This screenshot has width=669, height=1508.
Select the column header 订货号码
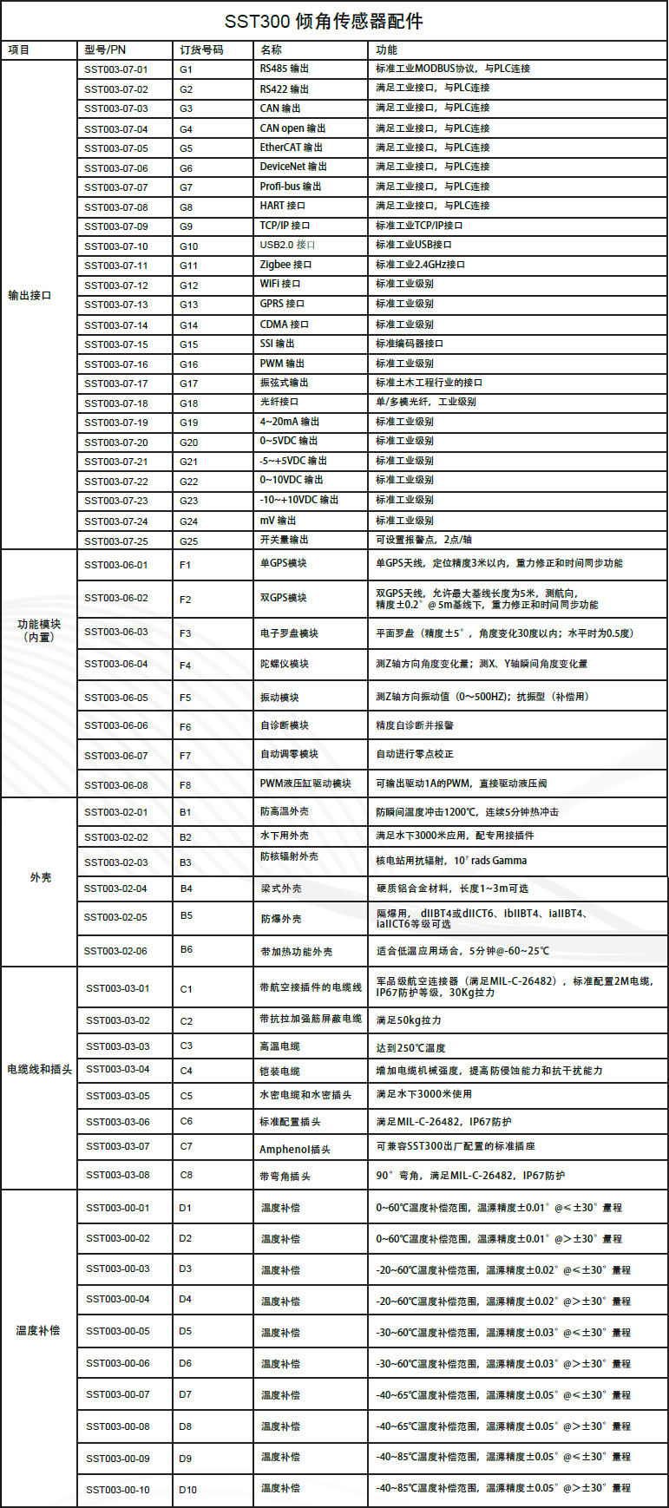click(201, 50)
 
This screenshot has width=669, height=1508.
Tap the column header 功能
click(386, 50)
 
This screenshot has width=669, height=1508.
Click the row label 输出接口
click(30, 296)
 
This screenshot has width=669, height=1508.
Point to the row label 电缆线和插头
click(39, 1070)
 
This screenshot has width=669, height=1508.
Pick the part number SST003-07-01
click(116, 69)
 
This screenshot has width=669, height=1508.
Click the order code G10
click(189, 246)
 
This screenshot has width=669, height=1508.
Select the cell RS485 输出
click(285, 69)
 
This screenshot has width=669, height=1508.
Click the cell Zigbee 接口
click(285, 265)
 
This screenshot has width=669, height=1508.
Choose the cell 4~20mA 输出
click(290, 422)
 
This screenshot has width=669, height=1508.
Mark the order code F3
click(186, 633)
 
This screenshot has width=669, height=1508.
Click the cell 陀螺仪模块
click(284, 665)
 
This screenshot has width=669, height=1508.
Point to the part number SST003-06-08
click(116, 785)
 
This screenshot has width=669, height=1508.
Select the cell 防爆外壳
click(281, 919)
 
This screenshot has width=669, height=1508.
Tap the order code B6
click(187, 950)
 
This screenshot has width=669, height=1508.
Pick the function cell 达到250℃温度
click(410, 1048)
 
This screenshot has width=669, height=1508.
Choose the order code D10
click(188, 1490)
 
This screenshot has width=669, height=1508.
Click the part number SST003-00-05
click(118, 1331)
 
